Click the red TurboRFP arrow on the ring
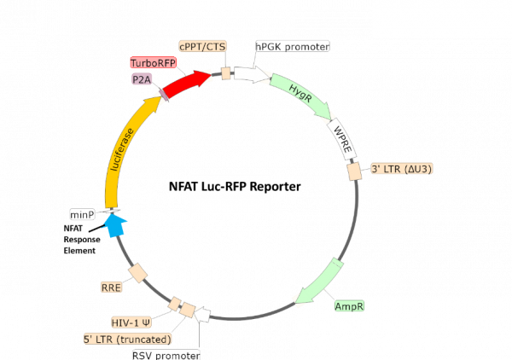pyautogui.click(x=187, y=84)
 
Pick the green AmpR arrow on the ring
pyautogui.click(x=319, y=282)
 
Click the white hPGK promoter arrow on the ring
pyautogui.click(x=251, y=74)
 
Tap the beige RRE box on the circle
pyautogui.click(x=137, y=274)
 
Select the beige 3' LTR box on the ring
pyautogui.click(x=353, y=171)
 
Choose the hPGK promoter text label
pyautogui.click(x=293, y=45)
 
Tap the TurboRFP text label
pyautogui.click(x=152, y=63)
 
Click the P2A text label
pyautogui.click(x=140, y=78)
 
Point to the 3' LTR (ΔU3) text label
pyautogui.click(x=401, y=169)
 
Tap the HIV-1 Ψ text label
pyautogui.click(x=131, y=322)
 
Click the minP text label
pyautogui.click(x=82, y=215)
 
